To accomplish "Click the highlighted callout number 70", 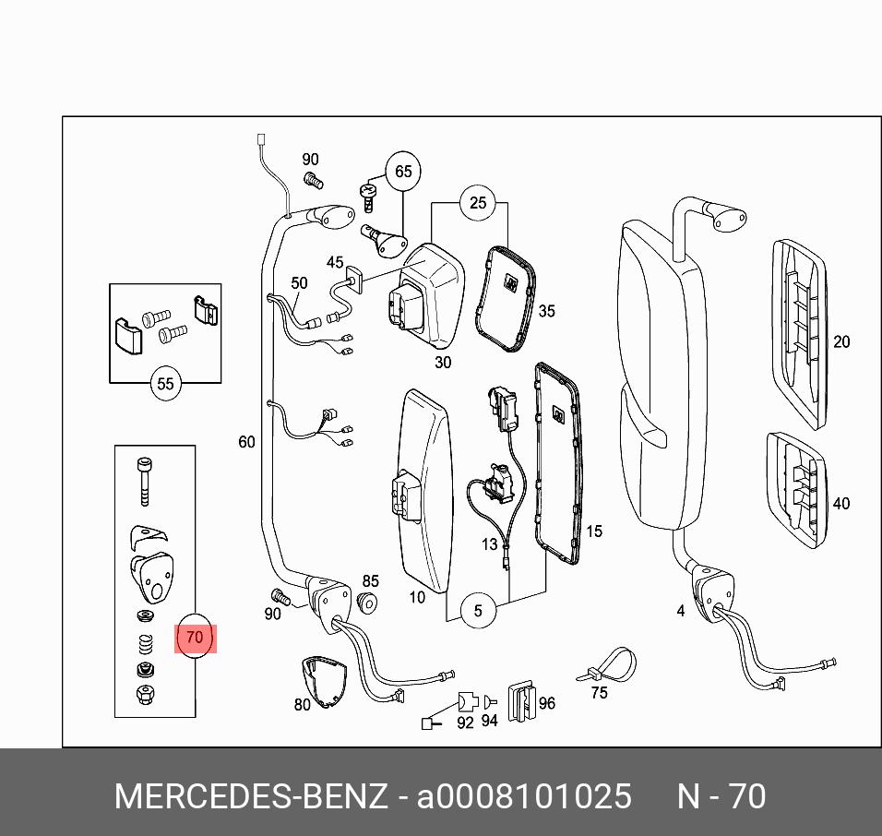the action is [194, 637].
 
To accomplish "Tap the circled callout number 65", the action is [403, 172].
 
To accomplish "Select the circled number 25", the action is [477, 203].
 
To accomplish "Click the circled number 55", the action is [165, 384].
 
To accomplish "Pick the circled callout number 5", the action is [478, 610].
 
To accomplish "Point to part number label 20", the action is [840, 341].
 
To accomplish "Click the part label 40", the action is [840, 504].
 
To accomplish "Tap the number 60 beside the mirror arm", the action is [246, 442].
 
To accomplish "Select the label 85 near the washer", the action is [370, 581].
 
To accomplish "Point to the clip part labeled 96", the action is [523, 700].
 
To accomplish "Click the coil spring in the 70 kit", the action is [143, 641].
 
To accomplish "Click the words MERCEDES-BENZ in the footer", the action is [250, 796].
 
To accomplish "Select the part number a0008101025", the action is [524, 796].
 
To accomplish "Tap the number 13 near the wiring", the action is [489, 545].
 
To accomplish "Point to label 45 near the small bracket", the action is [334, 263].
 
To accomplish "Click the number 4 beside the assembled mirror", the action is [680, 610].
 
